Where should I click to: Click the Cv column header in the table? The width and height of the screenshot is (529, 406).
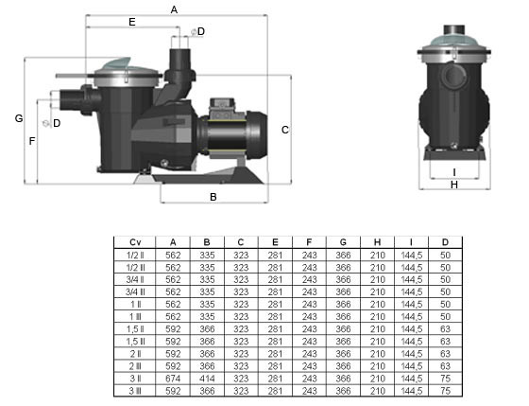click(x=135, y=242)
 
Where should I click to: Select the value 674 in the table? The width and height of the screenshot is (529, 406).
click(x=173, y=379)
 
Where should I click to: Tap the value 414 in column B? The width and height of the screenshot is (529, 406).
click(x=207, y=379)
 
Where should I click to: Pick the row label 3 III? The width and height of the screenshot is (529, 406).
click(x=135, y=391)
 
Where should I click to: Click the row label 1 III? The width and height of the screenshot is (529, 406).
click(x=135, y=317)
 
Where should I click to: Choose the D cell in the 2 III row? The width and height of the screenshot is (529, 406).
click(x=445, y=366)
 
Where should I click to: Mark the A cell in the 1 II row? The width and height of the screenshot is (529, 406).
click(x=173, y=304)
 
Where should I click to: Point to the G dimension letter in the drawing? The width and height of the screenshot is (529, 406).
click(x=19, y=118)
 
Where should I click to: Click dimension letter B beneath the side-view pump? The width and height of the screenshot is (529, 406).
click(x=213, y=197)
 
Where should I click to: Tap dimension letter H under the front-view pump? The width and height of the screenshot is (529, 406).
click(x=454, y=185)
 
